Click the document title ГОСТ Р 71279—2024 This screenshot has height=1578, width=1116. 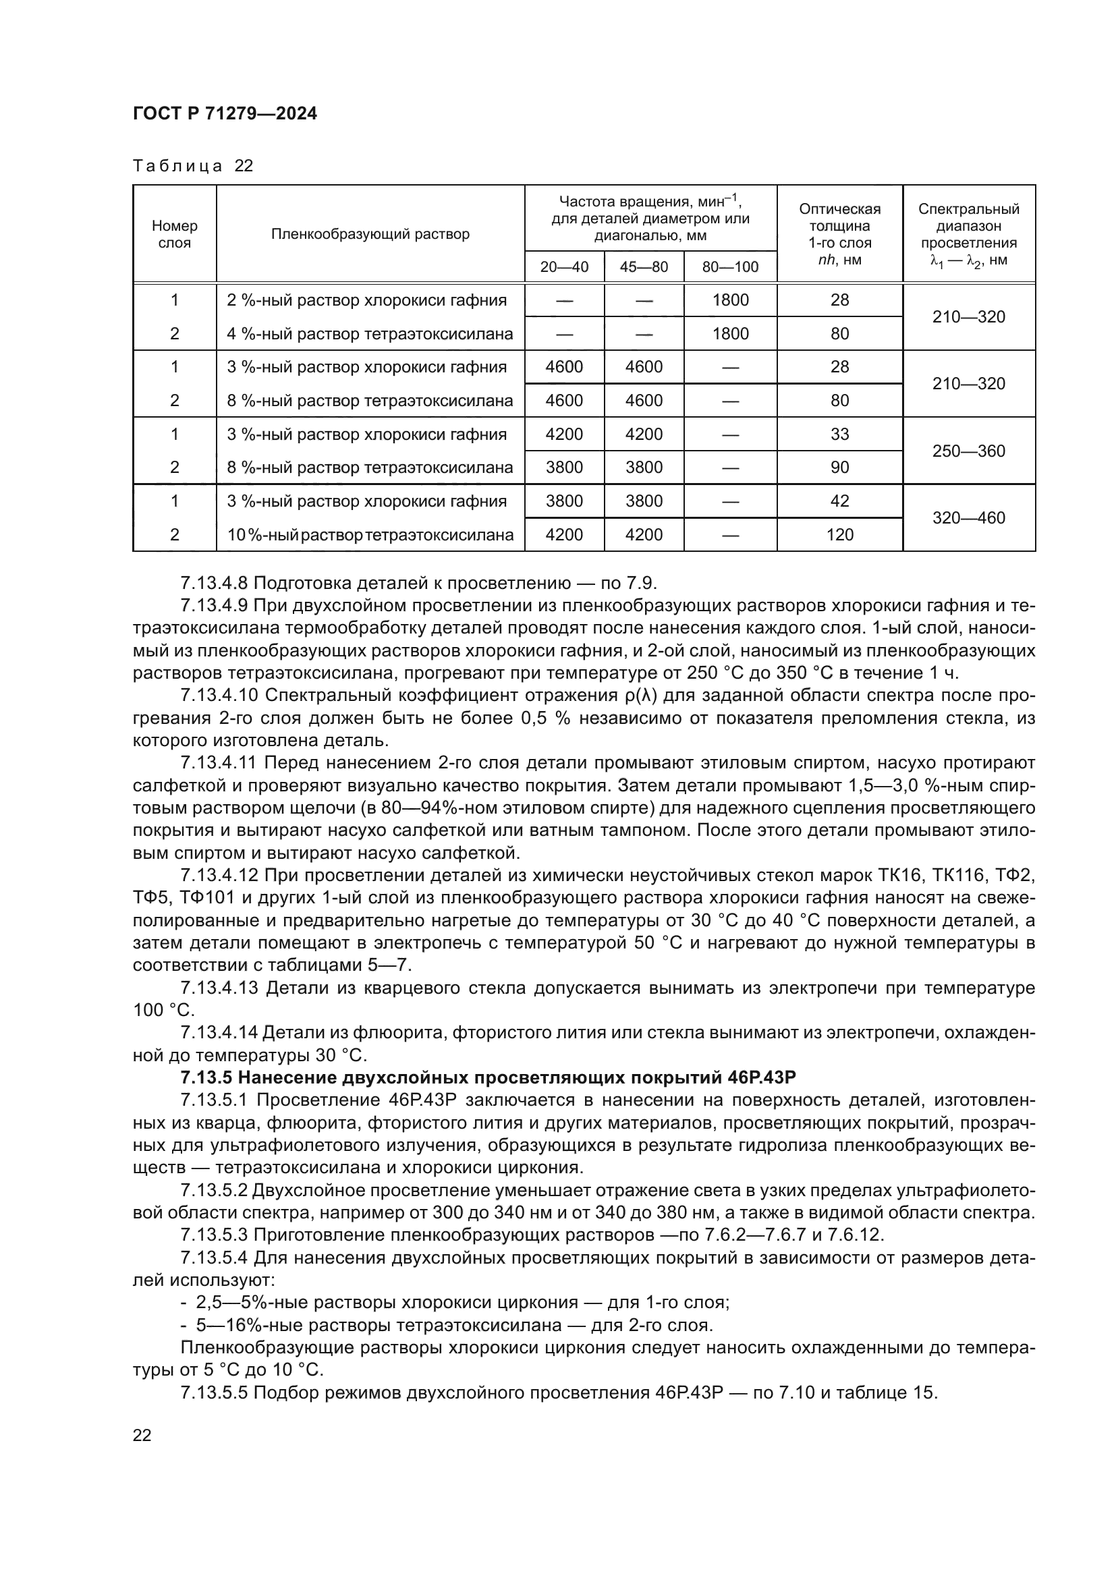[225, 114]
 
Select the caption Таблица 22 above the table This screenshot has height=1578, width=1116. [193, 166]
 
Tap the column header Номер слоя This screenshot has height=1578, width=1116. [175, 233]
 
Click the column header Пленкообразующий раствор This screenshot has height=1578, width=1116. [370, 233]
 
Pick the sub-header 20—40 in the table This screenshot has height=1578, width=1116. [563, 266]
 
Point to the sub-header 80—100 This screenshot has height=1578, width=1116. [730, 266]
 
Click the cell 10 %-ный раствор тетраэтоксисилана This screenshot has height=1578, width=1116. [370, 535]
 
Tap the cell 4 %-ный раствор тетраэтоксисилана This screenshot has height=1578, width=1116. [370, 334]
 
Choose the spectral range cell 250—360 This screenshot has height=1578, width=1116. [968, 451]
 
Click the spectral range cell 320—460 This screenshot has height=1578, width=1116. [968, 517]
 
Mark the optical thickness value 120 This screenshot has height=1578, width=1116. [839, 535]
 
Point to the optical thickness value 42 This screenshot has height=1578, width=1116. [839, 501]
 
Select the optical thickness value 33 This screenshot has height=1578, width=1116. [839, 434]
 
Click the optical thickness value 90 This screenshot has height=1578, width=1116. [839, 468]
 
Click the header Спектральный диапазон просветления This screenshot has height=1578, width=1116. [968, 233]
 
